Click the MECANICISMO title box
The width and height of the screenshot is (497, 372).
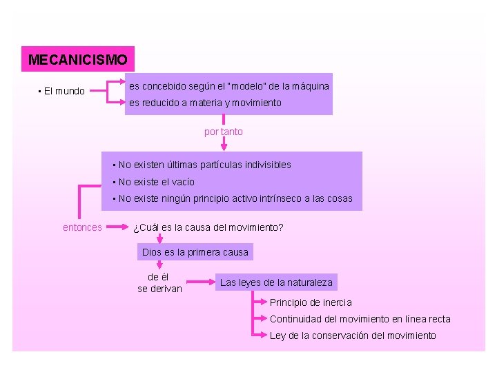(77, 60)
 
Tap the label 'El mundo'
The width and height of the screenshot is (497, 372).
(61, 91)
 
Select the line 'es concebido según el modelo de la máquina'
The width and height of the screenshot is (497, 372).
(228, 87)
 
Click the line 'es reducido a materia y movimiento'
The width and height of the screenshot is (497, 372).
(205, 103)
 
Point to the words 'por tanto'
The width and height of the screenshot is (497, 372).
(224, 132)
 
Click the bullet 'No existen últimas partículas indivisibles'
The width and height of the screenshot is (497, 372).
(202, 165)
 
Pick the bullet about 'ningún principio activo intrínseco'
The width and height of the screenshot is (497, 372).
(232, 198)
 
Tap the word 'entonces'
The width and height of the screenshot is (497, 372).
(82, 227)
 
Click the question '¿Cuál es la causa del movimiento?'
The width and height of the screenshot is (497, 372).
(208, 227)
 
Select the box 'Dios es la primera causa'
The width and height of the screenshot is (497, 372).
(195, 252)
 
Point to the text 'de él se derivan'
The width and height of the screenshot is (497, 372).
(159, 283)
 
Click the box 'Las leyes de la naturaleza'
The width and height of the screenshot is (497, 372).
(276, 282)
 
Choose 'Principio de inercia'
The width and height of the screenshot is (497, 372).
(311, 302)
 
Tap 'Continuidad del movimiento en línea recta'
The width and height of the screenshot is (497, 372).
(360, 319)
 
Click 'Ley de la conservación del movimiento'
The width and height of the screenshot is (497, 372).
(353, 335)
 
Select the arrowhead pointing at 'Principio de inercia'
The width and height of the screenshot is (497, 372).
(266, 302)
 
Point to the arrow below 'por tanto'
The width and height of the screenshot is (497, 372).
(224, 143)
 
